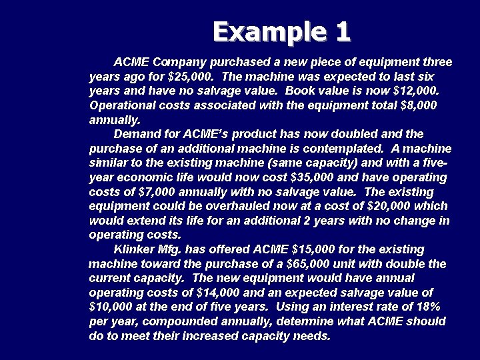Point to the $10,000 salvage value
tap(113, 307)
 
